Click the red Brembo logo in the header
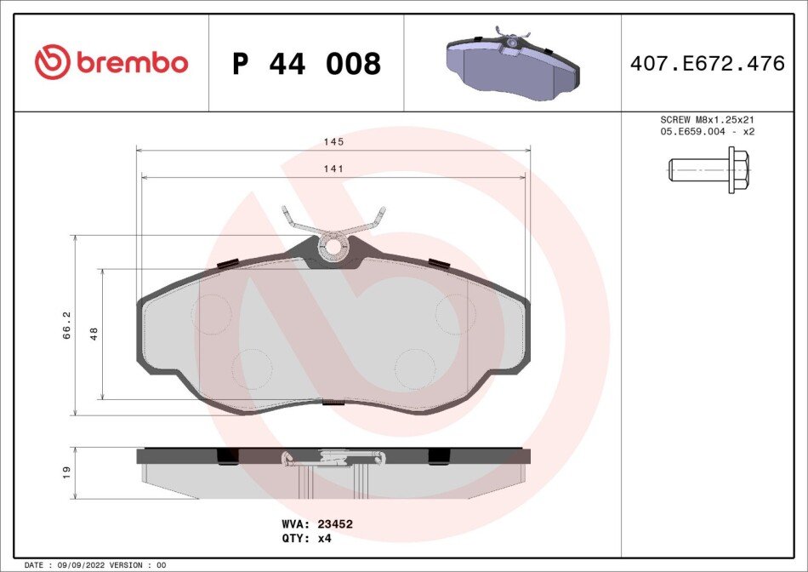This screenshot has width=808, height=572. point(111,62)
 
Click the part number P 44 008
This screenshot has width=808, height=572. point(306,64)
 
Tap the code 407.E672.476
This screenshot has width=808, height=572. point(708,63)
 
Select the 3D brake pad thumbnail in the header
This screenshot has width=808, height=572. point(513,63)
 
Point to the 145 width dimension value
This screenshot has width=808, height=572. point(333,142)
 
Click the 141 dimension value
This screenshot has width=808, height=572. point(333,169)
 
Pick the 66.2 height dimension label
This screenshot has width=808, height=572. point(66,325)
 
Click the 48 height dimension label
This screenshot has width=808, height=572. point(94,334)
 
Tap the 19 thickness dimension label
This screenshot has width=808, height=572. point(66,473)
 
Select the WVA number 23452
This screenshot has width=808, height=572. point(335,524)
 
